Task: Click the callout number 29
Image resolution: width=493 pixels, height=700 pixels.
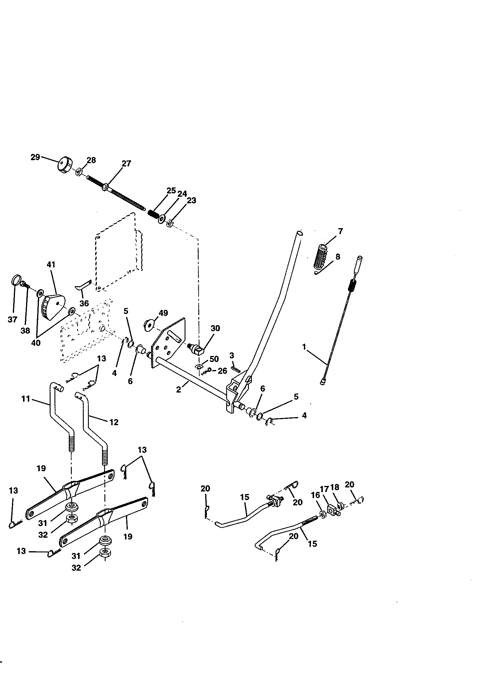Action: [x=35, y=157]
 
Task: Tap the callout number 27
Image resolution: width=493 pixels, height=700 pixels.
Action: [x=126, y=163]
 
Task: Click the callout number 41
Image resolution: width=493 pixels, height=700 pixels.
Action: [x=51, y=264]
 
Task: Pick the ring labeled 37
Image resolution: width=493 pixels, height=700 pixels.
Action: [x=15, y=280]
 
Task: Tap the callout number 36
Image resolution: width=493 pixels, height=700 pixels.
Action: [x=84, y=303]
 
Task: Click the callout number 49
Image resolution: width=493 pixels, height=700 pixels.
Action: [x=163, y=313]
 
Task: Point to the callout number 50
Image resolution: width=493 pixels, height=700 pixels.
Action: [x=214, y=359]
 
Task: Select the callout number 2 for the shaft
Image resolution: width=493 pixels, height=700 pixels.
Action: [x=179, y=390]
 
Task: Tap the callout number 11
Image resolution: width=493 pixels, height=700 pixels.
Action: [x=26, y=399]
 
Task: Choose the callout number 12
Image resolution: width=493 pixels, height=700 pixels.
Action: [x=114, y=422]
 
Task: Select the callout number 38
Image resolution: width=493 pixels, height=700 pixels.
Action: [x=25, y=331]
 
